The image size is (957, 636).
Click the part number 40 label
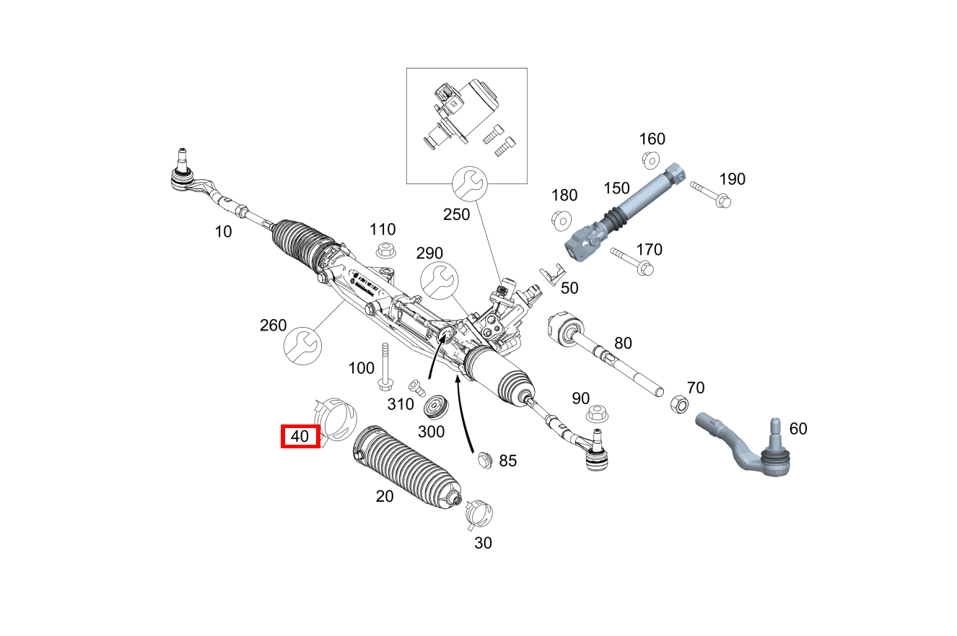(300, 436)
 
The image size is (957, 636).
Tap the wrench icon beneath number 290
(438, 279)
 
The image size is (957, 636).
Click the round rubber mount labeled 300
(436, 406)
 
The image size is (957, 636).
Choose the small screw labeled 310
(416, 386)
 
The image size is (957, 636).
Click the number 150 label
(616, 188)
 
